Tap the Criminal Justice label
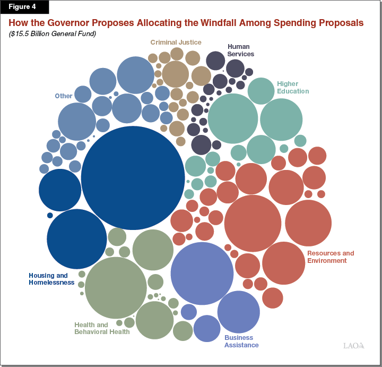pos(176,42)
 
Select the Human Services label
pos(241,50)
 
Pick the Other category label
pos(64,96)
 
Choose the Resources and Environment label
pos(331,257)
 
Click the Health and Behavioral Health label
pos(102,328)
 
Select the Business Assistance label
pos(241,341)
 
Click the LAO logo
pos(353,346)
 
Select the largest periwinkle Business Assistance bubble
pos(202,273)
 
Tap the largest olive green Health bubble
pos(116,287)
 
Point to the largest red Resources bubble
pos(253,223)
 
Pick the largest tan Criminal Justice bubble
pos(176,74)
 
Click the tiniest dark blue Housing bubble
pos(50,215)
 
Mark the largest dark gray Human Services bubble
pos(201,144)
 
